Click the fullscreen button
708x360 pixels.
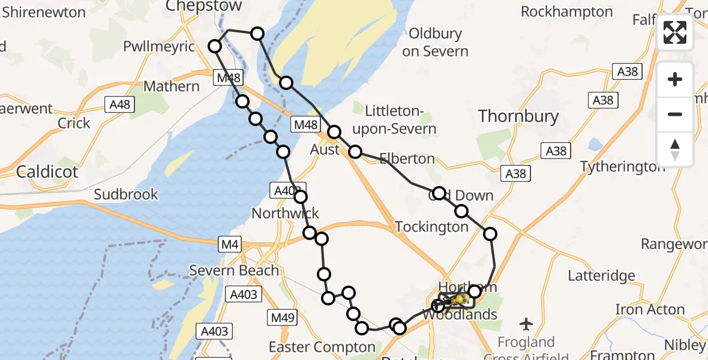pos(675,32)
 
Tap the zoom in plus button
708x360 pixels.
pos(675,79)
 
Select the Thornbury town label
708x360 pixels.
pos(518,116)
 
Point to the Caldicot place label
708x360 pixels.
pos(47,172)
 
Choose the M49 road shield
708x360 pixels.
pos(282,318)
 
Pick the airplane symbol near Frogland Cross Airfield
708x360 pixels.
pos(527,324)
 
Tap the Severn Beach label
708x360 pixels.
pos(234,271)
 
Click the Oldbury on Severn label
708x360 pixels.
pos(435,43)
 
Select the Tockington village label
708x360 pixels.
pos(431,227)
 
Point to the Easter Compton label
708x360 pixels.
pos(322,347)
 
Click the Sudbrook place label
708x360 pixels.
pos(126,194)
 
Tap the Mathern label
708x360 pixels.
pos(172,86)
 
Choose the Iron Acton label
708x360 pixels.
pos(650,310)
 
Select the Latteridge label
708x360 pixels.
pos(601,276)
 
